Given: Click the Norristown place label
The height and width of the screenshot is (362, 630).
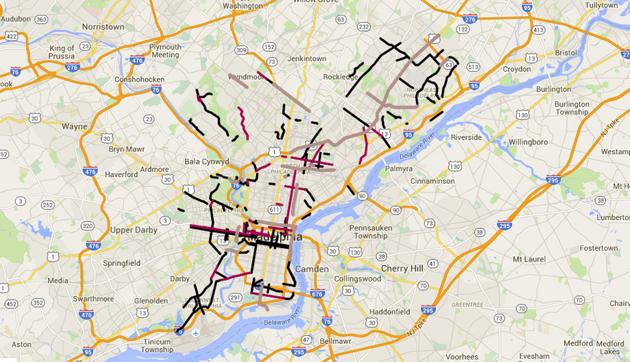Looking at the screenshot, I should click(103, 27).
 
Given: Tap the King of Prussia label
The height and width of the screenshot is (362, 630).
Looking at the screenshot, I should click(62, 52).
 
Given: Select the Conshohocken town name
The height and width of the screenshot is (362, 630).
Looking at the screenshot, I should click(139, 79).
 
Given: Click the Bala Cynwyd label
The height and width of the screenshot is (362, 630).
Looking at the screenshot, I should click(207, 162).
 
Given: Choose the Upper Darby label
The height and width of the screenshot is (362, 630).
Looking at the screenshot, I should click(133, 230).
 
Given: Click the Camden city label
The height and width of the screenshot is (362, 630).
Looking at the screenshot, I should click(311, 269).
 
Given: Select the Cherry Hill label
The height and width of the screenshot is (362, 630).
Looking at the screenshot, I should click(403, 268).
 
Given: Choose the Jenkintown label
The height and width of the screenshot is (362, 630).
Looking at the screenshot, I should click(306, 59).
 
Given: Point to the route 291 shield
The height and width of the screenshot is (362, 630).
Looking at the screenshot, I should click(235, 297).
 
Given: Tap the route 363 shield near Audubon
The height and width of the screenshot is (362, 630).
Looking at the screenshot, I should click(41, 19).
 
